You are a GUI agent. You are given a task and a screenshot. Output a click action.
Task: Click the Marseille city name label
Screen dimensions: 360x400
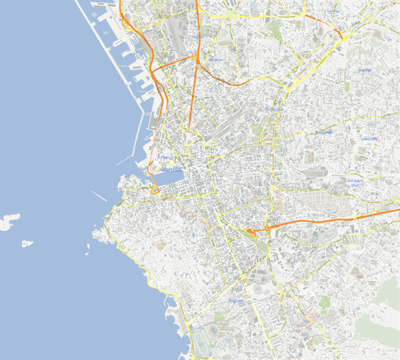[172, 169]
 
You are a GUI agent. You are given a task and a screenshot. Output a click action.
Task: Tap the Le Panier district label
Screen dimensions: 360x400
[164, 157]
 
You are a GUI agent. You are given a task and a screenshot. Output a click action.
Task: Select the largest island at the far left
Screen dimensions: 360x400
[9, 221]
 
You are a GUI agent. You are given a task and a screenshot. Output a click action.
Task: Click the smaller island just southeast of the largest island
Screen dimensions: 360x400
[27, 244]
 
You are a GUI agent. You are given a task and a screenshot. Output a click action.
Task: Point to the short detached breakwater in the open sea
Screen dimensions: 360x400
[99, 195]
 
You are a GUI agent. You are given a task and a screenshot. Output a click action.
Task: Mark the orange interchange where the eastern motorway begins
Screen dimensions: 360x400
[252, 231]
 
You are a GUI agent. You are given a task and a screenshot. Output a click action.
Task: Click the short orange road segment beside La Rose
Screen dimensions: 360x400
[342, 34]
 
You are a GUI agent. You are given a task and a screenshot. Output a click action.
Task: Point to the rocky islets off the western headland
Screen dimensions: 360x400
[97, 235]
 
